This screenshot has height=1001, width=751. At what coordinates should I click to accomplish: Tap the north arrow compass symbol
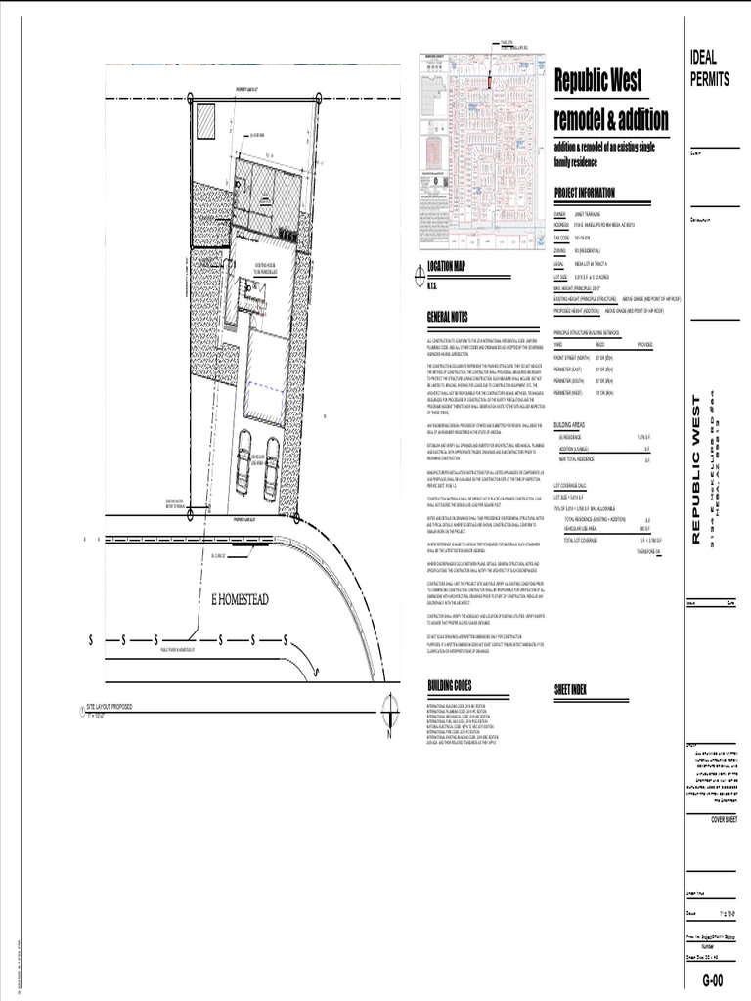tap(389, 706)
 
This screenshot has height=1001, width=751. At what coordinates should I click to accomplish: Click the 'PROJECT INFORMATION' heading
tap(585, 194)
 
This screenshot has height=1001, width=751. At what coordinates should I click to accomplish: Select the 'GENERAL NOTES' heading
tap(448, 317)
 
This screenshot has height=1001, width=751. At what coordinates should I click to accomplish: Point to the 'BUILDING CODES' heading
tap(450, 685)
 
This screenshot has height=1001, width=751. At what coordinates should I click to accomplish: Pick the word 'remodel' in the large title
tap(584, 120)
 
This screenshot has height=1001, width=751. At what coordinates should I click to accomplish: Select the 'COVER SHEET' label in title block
tap(729, 820)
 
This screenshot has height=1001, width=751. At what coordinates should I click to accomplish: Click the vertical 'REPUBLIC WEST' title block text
tap(696, 469)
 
